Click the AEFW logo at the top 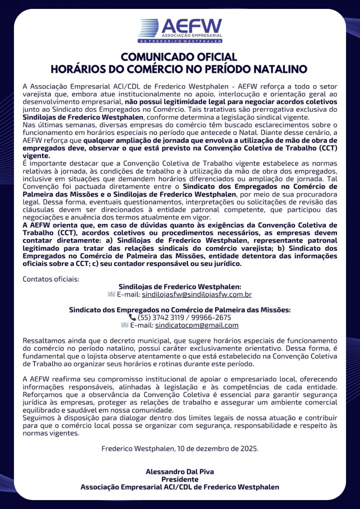pyautogui.click(x=180, y=31)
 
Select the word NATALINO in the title pyautogui.click(x=277, y=69)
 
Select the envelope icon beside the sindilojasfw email pyautogui.click(x=111, y=294)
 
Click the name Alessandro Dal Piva pyautogui.click(x=180, y=472)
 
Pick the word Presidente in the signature pyautogui.click(x=180, y=479)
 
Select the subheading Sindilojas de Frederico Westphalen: pyautogui.click(x=180, y=287)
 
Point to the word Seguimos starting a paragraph pyautogui.click(x=37, y=418)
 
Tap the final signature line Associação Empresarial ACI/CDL pyautogui.click(x=180, y=487)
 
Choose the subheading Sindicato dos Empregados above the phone pyautogui.click(x=180, y=310)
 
